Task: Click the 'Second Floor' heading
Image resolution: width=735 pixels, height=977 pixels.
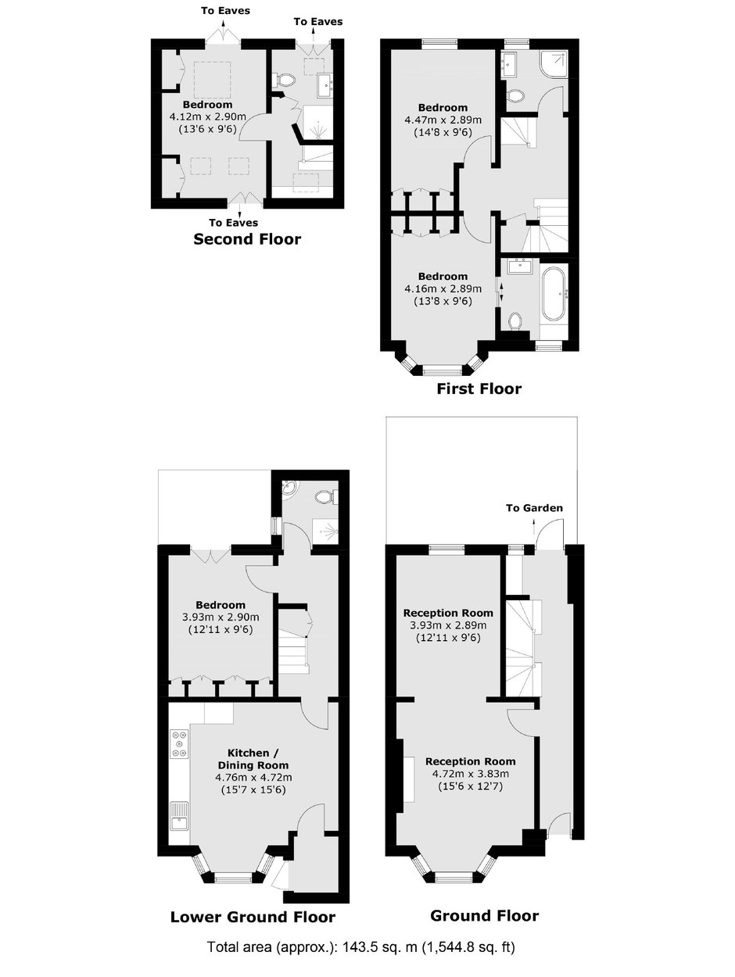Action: point(247,239)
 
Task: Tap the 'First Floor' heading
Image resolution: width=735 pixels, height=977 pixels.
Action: point(479,388)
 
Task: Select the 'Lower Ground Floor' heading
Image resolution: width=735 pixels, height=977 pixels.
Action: point(253,917)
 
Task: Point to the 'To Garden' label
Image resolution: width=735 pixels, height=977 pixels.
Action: point(534,508)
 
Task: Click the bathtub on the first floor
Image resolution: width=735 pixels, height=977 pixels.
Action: point(554,293)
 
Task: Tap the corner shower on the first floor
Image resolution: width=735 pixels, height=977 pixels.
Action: point(554,65)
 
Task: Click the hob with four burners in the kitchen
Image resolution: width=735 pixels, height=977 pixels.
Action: point(180,744)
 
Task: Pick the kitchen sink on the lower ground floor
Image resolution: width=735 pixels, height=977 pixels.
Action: point(179,816)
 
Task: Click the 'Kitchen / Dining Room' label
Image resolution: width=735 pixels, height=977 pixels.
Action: point(253,760)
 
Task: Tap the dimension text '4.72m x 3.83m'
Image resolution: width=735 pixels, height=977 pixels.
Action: point(471,774)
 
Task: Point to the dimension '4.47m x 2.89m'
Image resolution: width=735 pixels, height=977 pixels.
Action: point(443,120)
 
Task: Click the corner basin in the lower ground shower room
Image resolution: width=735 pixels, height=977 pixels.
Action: point(291,488)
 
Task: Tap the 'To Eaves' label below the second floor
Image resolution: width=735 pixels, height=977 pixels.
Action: point(234,223)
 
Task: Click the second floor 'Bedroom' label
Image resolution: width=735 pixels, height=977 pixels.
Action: point(207,105)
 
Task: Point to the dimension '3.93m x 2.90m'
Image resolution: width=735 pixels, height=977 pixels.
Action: point(220,617)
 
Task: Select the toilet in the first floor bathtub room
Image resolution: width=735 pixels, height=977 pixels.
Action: point(515,321)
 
